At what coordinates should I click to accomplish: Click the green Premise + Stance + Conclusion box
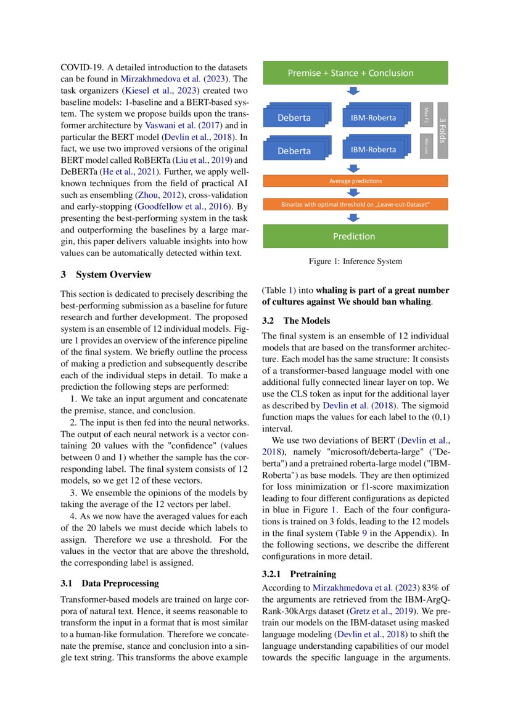click(x=350, y=73)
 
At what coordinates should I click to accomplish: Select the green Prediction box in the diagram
click(x=353, y=236)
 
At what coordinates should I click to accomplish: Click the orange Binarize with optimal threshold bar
click(x=355, y=204)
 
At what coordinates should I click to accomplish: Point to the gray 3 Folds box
click(x=443, y=130)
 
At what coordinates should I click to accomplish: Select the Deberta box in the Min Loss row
click(x=294, y=150)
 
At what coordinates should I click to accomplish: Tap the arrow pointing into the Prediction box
click(x=353, y=218)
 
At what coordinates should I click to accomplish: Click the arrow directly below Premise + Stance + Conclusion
click(x=353, y=91)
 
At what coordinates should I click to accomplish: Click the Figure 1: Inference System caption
click(x=355, y=261)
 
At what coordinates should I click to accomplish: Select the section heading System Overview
click(x=113, y=274)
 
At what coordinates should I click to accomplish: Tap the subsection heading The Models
click(x=306, y=321)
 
